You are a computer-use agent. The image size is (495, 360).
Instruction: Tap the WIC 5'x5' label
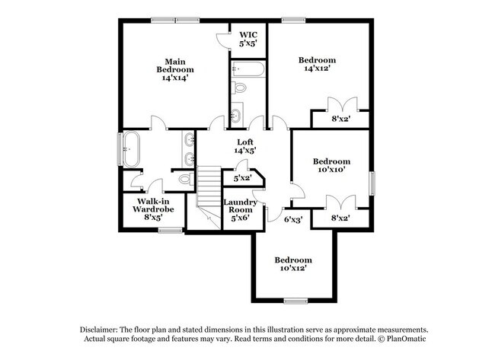click(x=248, y=40)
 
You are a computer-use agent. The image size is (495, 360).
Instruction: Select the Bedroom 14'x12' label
click(x=316, y=64)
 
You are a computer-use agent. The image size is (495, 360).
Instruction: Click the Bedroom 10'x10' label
click(x=331, y=165)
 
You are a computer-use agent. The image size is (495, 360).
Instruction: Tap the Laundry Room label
click(x=240, y=210)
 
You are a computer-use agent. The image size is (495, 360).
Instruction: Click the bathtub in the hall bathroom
click(x=247, y=72)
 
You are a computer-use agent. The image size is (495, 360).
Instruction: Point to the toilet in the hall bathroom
click(x=240, y=88)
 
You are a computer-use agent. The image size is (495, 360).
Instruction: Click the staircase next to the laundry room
click(x=208, y=190)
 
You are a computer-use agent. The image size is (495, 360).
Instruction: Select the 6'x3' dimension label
click(x=292, y=219)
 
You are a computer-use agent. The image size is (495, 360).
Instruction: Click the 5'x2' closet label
click(x=241, y=178)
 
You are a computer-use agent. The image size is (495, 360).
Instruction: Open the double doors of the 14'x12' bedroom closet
click(x=340, y=105)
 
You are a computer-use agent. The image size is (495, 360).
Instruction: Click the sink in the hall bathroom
click(x=236, y=116)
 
